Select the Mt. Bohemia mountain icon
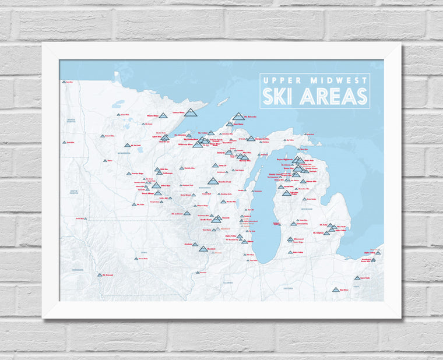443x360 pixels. (238, 116)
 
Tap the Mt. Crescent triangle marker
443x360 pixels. (100, 274)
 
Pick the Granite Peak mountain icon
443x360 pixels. (213, 181)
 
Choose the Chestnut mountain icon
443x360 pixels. (203, 249)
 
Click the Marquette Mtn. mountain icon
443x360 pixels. (251, 139)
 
